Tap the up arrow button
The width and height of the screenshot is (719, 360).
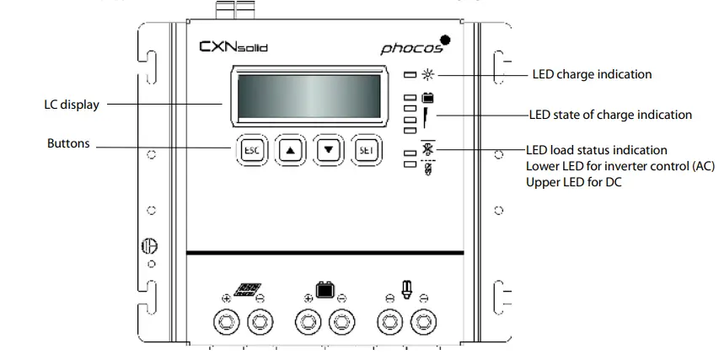(290, 149)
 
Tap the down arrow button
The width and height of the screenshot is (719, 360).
(330, 149)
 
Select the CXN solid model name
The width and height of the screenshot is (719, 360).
(233, 47)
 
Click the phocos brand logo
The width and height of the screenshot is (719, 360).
(415, 46)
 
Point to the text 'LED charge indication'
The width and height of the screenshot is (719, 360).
(592, 74)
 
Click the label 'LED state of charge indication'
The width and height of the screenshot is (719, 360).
(609, 115)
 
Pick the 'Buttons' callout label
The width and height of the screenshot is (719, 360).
(68, 144)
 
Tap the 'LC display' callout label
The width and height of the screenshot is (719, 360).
(72, 105)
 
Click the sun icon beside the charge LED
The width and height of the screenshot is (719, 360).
(427, 75)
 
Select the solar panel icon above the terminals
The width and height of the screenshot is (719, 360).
(245, 290)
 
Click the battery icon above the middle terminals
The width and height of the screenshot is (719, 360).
(325, 291)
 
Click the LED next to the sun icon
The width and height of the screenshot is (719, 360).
(410, 75)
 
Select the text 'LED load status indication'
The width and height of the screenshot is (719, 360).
(596, 150)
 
